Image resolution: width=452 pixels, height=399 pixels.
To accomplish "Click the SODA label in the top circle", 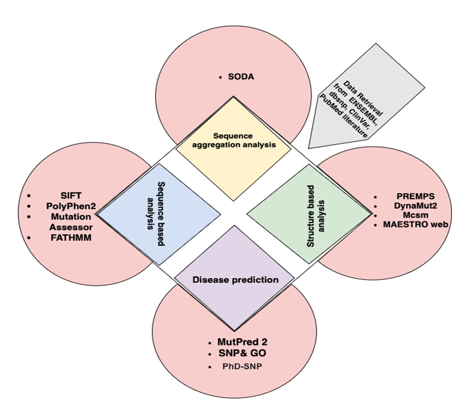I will click(x=241, y=77).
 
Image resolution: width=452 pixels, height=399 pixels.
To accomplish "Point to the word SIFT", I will click(x=72, y=196).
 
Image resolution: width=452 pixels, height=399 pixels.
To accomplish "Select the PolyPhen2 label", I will click(x=72, y=206).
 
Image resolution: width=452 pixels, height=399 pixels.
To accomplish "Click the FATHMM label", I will click(x=72, y=238).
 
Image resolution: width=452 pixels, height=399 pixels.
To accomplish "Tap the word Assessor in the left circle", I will click(x=72, y=227).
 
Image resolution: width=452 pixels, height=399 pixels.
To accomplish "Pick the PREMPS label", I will click(x=415, y=197).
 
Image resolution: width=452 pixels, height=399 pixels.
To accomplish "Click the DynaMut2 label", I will click(x=415, y=206).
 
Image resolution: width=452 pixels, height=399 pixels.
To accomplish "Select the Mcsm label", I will click(x=415, y=215).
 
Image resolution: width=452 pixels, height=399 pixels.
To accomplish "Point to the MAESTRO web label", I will click(x=415, y=224).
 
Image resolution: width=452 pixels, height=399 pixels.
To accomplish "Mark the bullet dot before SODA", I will click(x=221, y=78).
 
